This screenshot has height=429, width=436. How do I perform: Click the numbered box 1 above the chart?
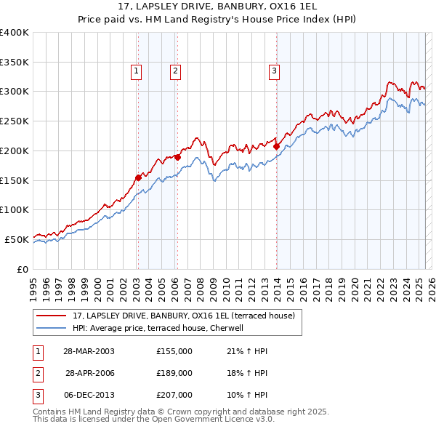point(137,71)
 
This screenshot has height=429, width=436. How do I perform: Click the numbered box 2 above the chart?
point(176,71)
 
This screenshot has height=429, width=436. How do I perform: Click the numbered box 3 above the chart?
point(274,71)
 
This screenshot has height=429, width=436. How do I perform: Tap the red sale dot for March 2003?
point(138,177)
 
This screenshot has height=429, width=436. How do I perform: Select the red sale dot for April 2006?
point(177,157)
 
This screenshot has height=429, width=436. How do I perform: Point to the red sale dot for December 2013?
point(277,146)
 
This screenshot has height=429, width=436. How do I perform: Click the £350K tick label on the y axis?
point(14,62)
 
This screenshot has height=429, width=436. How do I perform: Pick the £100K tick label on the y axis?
point(14,209)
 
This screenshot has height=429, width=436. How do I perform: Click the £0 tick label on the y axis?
point(21,269)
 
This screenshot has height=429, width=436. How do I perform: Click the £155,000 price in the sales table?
point(174,351)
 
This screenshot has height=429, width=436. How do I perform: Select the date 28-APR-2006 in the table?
point(90,373)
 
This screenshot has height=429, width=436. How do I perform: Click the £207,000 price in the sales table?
point(174,395)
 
